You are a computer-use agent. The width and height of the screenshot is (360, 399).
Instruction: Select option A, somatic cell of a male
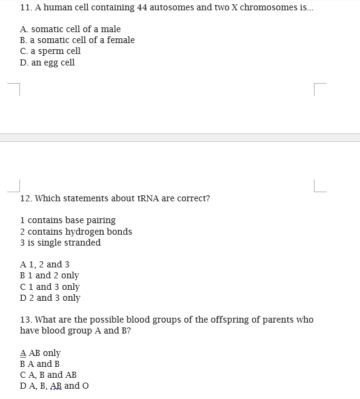(x=70, y=29)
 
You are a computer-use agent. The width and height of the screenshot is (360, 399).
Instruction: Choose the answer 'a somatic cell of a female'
(x=77, y=40)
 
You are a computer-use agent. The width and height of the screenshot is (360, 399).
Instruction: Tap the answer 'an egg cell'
(x=47, y=62)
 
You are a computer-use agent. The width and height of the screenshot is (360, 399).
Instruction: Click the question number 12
(x=26, y=198)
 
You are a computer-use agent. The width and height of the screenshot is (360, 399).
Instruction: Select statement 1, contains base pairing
(x=67, y=220)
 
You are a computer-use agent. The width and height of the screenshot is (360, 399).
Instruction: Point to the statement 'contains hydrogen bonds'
(x=76, y=232)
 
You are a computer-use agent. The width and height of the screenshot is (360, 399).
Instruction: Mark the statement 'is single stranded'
(x=60, y=243)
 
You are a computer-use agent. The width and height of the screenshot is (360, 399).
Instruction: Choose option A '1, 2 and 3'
(x=45, y=264)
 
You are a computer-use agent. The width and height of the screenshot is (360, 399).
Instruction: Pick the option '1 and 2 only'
(x=50, y=275)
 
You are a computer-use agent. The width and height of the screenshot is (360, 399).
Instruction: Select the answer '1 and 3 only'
(x=50, y=287)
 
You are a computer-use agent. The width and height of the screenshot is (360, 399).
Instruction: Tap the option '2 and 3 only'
(x=50, y=298)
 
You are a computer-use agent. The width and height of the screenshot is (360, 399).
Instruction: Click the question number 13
(x=26, y=320)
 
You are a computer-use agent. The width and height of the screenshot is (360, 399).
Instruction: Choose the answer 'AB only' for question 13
(x=41, y=353)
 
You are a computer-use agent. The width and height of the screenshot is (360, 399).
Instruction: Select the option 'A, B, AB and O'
(x=55, y=386)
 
